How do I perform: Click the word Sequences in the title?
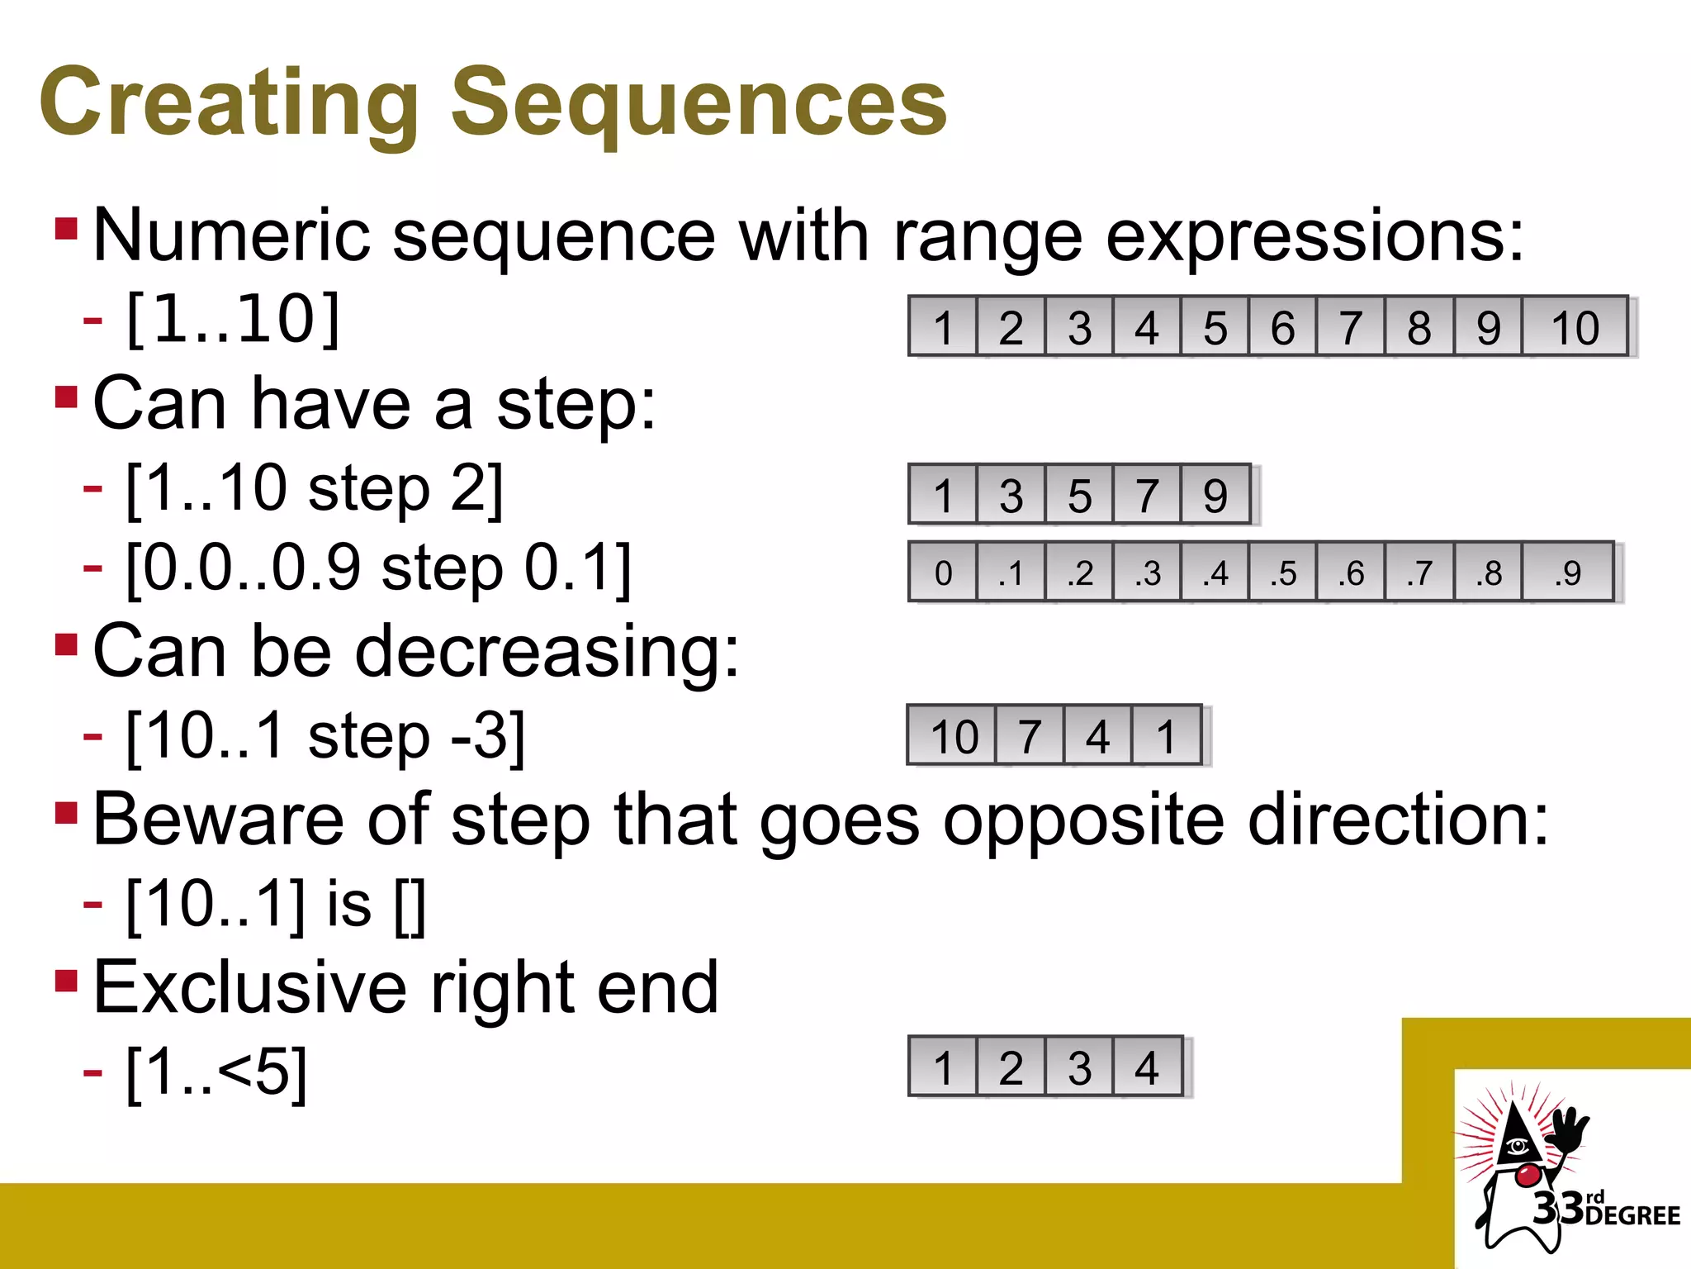699,103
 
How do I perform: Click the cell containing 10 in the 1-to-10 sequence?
1575,327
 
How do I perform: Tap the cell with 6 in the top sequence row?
1282,327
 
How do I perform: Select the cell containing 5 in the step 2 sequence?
1079,495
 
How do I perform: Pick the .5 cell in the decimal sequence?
1282,573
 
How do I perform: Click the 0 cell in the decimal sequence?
943,573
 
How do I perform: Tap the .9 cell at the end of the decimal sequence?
1566,573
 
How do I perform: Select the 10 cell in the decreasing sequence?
953,735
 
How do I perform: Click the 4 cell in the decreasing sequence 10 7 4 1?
1097,735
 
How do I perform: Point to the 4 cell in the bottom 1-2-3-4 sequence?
1147,1067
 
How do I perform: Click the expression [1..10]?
233,320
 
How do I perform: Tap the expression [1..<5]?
216,1072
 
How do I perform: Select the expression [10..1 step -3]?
324,736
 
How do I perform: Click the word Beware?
218,820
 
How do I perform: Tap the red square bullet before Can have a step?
66,397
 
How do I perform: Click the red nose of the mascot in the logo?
1528,1174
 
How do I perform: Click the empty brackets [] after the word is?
410,906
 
